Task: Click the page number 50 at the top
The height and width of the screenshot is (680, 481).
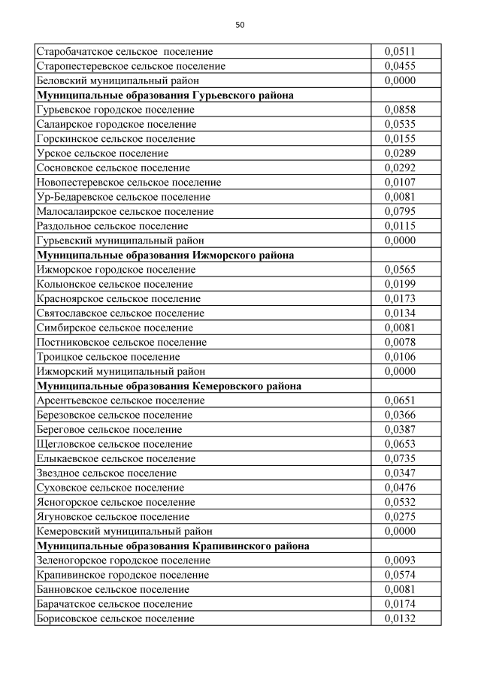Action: (240, 25)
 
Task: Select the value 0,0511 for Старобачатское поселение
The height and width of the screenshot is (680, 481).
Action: (400, 52)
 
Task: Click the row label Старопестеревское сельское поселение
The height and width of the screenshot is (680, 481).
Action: (131, 66)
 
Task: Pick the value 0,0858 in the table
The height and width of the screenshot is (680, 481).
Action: (400, 110)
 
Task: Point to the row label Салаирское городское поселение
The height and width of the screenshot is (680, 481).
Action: (116, 124)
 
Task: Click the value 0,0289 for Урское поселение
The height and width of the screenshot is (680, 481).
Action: (400, 153)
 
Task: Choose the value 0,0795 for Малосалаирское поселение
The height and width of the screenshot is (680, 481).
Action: (400, 211)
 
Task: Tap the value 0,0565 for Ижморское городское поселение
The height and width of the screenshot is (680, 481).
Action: (400, 270)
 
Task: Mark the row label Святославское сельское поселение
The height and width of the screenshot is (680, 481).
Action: (120, 313)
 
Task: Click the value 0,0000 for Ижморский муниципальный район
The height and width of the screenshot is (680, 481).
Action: (400, 371)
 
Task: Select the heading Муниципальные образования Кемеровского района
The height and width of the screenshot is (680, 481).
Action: (169, 385)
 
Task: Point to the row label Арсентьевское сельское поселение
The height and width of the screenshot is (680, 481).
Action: (120, 400)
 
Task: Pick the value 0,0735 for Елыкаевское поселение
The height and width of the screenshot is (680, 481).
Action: (400, 458)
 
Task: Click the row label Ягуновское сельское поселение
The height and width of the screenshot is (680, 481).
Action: (113, 517)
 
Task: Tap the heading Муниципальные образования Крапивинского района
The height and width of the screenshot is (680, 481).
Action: (173, 546)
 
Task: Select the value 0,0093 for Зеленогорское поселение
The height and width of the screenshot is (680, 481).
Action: (400, 561)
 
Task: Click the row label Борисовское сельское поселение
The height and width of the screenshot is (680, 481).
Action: (115, 618)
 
